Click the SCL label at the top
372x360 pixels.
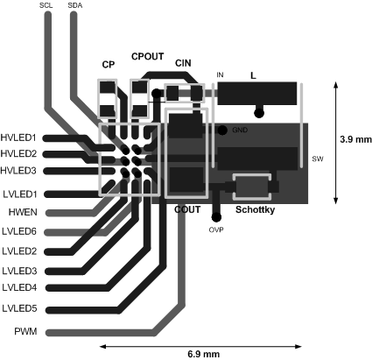(46, 5)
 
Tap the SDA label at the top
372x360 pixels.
(75, 5)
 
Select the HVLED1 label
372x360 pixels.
(18, 138)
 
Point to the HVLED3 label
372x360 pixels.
(18, 170)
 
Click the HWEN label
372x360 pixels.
(23, 212)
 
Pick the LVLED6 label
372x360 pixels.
(19, 231)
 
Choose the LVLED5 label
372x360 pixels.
(19, 308)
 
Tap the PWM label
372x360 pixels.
(26, 332)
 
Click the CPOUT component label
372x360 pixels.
(148, 56)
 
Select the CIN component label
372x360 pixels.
(183, 63)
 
